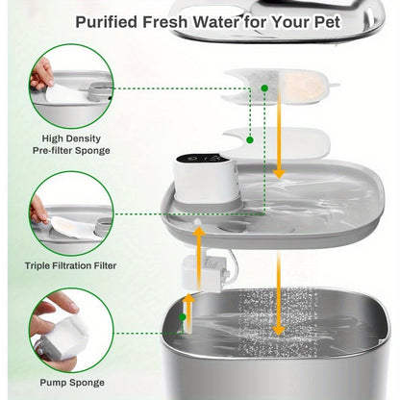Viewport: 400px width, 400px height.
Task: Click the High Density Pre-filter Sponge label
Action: [x=70, y=142]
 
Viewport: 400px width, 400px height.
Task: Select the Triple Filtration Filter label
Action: [x=70, y=265]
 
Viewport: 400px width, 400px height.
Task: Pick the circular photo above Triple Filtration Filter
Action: [x=70, y=212]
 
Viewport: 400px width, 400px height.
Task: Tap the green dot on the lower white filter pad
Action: [x=250, y=139]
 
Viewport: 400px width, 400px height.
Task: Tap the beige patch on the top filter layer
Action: [x=307, y=86]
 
